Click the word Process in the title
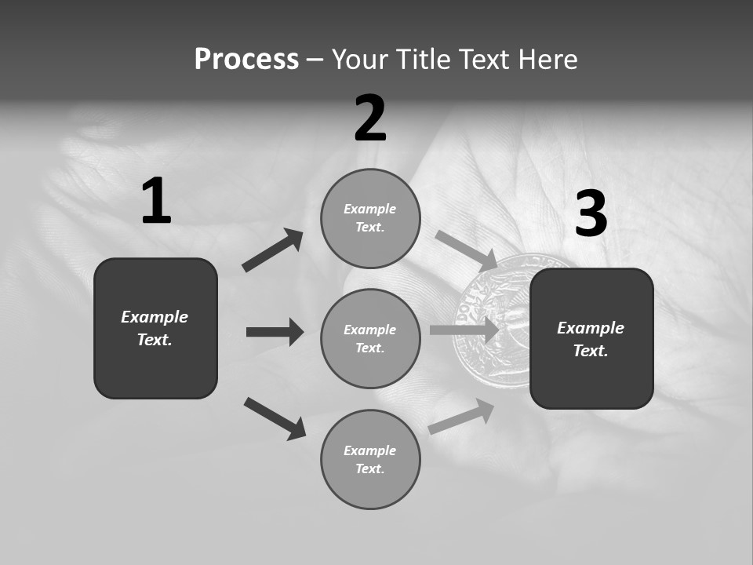[246, 60]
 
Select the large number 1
[156, 202]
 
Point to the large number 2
[370, 118]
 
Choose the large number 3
[591, 214]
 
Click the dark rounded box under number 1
[155, 328]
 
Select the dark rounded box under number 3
[591, 339]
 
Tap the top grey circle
[370, 218]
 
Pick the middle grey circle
[370, 339]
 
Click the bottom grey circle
[370, 460]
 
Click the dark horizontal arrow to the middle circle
[275, 332]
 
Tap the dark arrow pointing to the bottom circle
[275, 418]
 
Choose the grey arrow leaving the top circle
[465, 250]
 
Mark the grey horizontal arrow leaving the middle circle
[463, 330]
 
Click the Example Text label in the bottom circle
[370, 460]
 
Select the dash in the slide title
[315, 60]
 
